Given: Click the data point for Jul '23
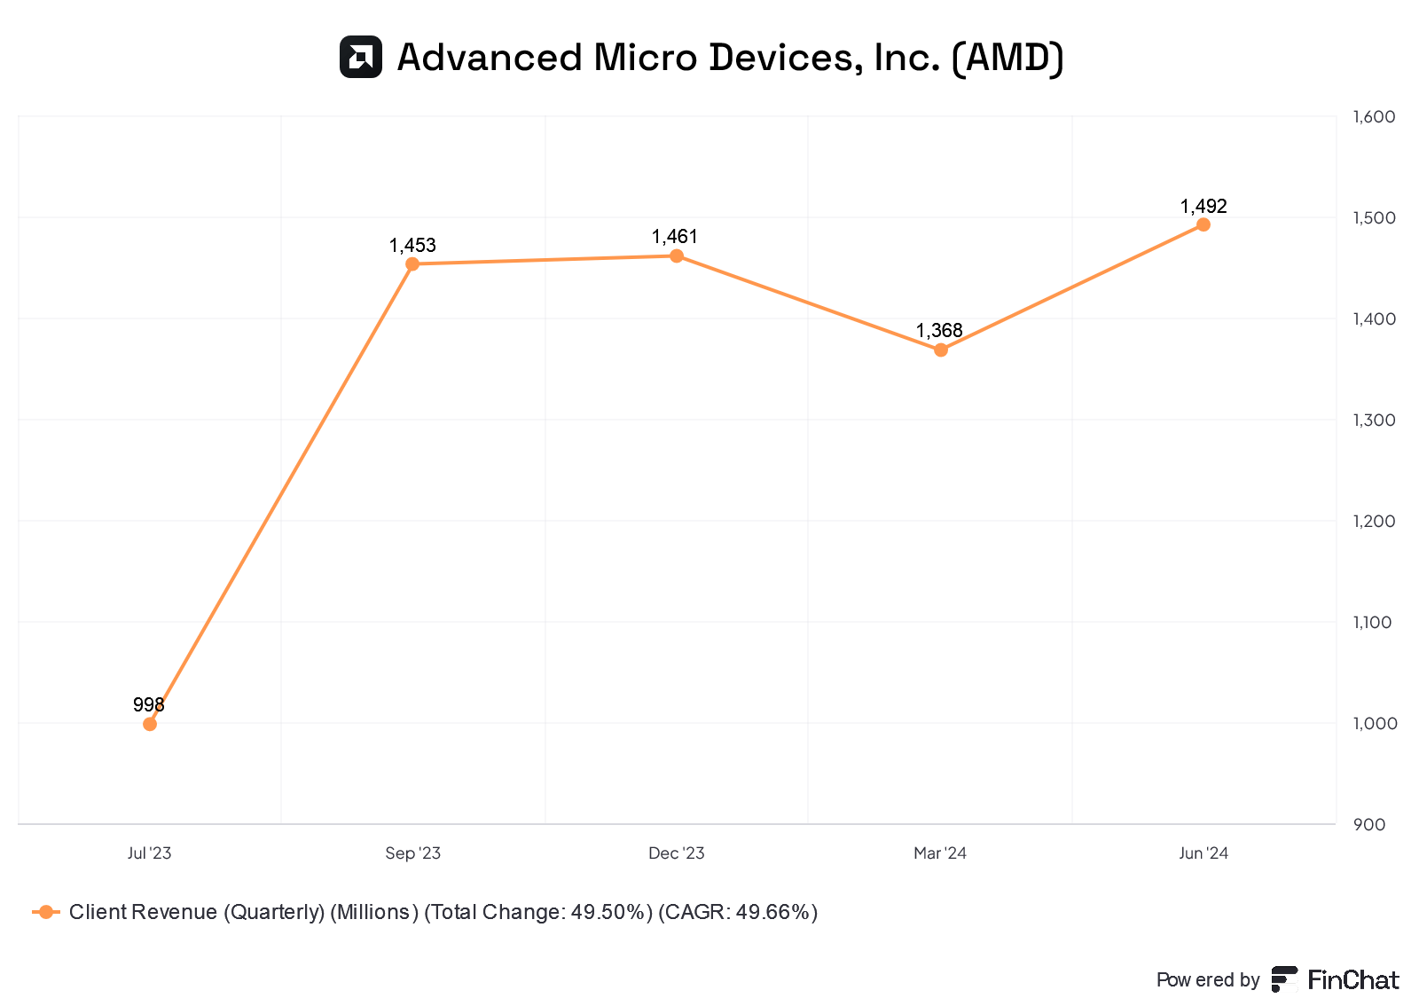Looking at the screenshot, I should click(x=150, y=724).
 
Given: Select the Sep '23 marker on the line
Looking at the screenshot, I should click(x=412, y=264).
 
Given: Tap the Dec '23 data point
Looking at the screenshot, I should click(x=677, y=256).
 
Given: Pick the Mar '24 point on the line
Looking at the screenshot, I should click(x=941, y=350).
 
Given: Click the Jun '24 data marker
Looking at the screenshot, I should click(x=1203, y=224).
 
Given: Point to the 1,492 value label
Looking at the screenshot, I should click(x=1203, y=207).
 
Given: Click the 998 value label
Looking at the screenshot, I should click(x=149, y=705).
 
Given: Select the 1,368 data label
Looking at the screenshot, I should click(x=939, y=331).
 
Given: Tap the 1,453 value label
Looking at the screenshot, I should click(x=412, y=246).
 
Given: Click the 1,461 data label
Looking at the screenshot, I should click(x=675, y=237).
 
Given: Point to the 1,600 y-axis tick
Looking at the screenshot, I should click(x=1374, y=117).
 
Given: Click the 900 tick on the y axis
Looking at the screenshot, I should click(x=1369, y=825).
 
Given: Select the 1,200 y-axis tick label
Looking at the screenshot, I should click(x=1374, y=522).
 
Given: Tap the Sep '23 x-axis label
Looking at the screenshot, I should click(x=412, y=853).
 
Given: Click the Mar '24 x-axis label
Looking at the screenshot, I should click(x=940, y=853).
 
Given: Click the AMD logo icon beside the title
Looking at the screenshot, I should click(x=361, y=58).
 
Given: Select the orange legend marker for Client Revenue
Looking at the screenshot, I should click(x=46, y=912).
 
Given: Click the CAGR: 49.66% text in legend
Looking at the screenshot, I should click(x=738, y=912).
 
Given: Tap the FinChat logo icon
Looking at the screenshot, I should click(x=1284, y=979).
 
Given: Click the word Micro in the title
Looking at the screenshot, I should click(x=646, y=58).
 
